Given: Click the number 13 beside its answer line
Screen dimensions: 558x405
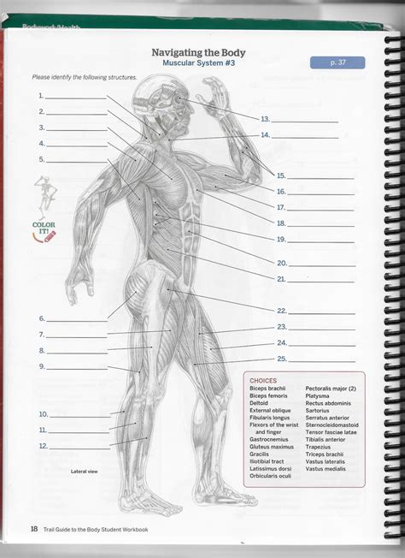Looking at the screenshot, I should [x=265, y=119].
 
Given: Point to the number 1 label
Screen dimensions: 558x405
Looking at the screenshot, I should [x=40, y=96].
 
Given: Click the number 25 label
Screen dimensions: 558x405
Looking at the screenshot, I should [x=281, y=359].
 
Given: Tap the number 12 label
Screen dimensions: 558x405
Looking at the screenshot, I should [x=43, y=446].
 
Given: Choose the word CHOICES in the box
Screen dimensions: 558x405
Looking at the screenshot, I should [x=263, y=381].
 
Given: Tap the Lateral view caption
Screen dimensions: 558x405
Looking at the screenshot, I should [x=84, y=472].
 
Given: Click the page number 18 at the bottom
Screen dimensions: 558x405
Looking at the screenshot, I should [x=34, y=528].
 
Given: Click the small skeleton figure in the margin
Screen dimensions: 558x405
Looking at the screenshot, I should [x=43, y=195].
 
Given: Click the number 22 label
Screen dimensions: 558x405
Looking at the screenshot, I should [x=281, y=311].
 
